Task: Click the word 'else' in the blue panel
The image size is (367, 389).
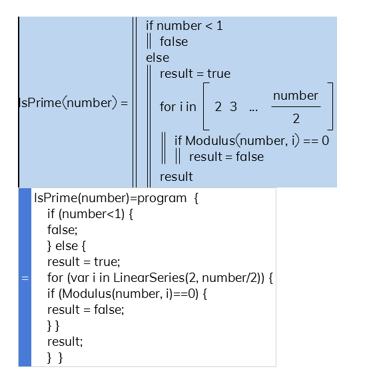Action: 158,58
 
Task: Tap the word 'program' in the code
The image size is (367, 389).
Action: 162,198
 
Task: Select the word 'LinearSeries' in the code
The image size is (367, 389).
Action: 149,277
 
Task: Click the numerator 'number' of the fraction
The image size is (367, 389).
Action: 296,96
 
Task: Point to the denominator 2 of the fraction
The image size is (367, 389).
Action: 296,118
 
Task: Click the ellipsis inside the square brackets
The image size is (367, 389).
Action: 254,110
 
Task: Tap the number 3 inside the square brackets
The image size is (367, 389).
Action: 233,107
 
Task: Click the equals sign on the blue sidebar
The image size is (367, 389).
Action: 25,278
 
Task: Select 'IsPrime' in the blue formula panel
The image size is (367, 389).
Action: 40,103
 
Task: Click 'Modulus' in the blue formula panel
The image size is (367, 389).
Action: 210,141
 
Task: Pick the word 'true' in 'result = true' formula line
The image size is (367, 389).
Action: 219,74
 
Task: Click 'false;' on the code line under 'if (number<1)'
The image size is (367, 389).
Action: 63,229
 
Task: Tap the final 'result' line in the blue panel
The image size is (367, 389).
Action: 176,177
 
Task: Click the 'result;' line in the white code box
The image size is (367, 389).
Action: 65,342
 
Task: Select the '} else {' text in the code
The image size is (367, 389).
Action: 67,246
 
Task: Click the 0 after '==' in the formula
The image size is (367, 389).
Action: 326,141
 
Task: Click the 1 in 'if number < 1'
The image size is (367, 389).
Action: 219,26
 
